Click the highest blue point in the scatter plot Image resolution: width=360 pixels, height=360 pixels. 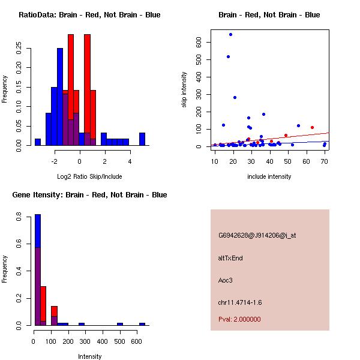click(x=230, y=35)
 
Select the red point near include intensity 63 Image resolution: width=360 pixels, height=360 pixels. click(x=312, y=127)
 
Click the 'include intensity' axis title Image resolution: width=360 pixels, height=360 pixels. click(x=269, y=176)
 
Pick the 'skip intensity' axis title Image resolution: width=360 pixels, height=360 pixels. click(x=184, y=90)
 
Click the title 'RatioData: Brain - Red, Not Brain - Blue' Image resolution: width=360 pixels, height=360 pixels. click(x=89, y=15)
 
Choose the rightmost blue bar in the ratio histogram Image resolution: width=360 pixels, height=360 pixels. click(x=142, y=139)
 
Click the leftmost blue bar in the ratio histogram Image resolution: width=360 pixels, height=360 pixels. click(x=38, y=142)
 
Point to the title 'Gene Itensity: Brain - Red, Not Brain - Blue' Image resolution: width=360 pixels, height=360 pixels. click(x=89, y=195)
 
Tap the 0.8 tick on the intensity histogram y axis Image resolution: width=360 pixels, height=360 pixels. click(x=20, y=218)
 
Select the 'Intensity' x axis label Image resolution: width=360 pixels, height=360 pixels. click(x=90, y=356)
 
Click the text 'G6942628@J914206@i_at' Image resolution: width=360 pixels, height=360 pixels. click(x=257, y=235)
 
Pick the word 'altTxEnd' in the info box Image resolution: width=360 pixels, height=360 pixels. click(x=230, y=258)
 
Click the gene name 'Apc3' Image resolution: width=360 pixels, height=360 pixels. click(x=225, y=280)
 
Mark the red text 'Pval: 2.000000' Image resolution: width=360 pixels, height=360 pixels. click(x=239, y=319)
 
